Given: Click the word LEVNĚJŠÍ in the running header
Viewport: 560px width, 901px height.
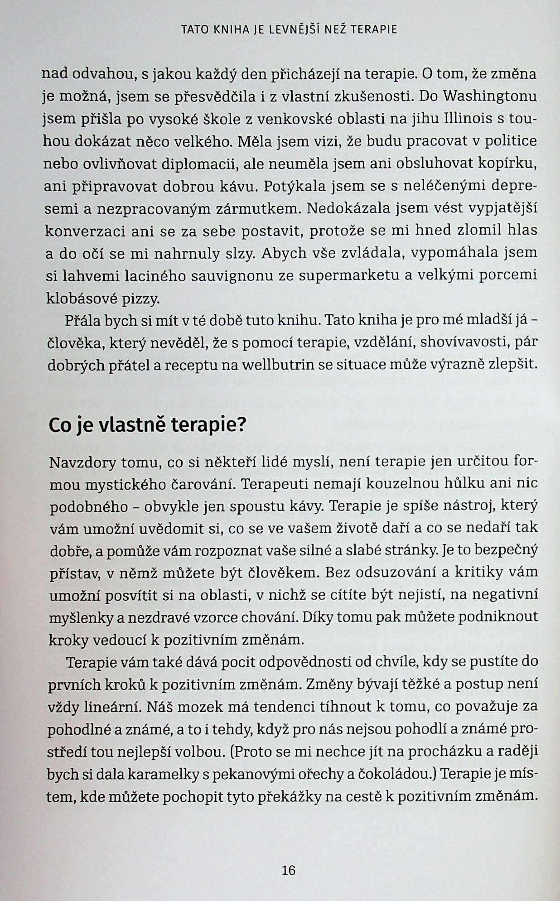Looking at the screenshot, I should click(295, 30).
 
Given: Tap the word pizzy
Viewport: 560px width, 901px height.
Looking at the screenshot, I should click(141, 299).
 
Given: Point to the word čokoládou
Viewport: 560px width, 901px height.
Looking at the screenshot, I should click(395, 774).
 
